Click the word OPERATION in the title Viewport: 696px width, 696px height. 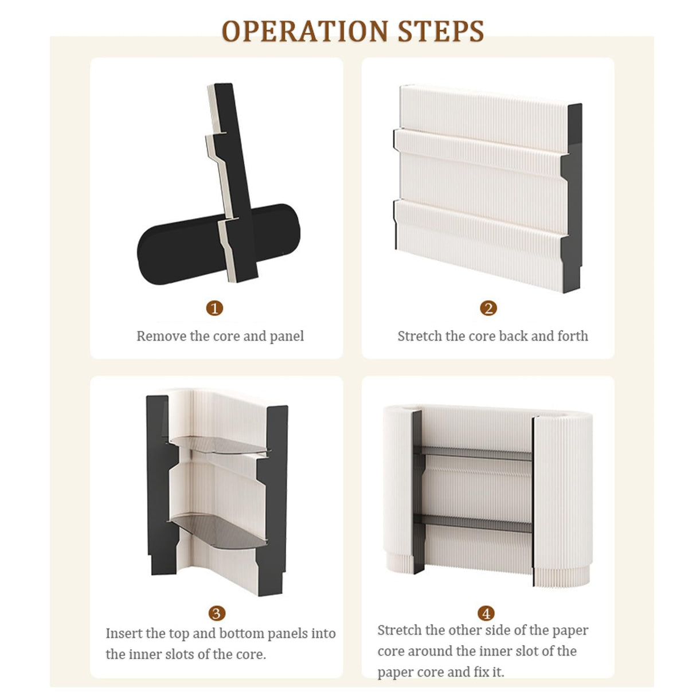click(305, 31)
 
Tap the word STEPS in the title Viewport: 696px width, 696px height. click(441, 31)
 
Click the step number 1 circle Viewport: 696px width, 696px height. click(214, 308)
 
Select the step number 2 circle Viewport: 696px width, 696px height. click(488, 308)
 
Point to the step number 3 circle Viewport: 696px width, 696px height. click(217, 613)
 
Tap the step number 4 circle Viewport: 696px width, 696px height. click(486, 613)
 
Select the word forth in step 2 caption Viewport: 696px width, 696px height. click(573, 337)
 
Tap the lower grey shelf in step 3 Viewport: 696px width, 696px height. click(218, 531)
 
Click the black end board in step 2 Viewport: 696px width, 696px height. click(572, 198)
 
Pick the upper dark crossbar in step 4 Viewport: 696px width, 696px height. click(473, 453)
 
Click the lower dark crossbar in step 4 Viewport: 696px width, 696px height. click(473, 523)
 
